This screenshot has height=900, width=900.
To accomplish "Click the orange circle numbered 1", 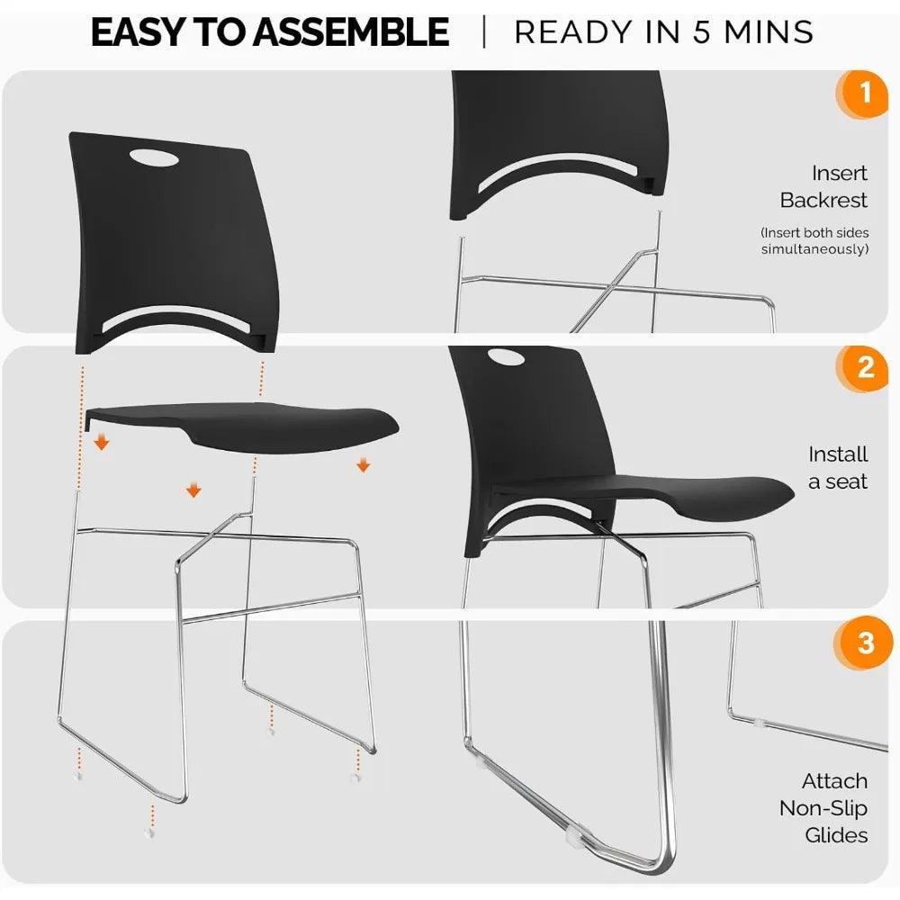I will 866,93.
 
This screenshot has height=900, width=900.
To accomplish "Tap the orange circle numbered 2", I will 866,367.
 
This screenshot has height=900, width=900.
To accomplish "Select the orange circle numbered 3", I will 866,643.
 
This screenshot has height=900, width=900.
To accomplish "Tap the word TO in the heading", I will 229,33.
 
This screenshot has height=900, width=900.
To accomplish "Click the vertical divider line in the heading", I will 484,32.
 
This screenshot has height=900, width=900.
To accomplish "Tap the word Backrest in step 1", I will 824,200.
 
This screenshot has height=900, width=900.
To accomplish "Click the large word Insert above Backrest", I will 840,173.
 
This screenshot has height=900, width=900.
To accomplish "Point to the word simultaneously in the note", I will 815,248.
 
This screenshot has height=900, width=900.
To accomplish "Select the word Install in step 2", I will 838,454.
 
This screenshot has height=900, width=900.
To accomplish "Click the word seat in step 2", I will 848,481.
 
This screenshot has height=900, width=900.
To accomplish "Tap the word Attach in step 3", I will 835,780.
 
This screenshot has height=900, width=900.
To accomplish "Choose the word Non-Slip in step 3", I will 823,807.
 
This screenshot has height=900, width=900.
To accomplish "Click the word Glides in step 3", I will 836,834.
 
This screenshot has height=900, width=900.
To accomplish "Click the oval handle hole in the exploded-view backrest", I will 154,157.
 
